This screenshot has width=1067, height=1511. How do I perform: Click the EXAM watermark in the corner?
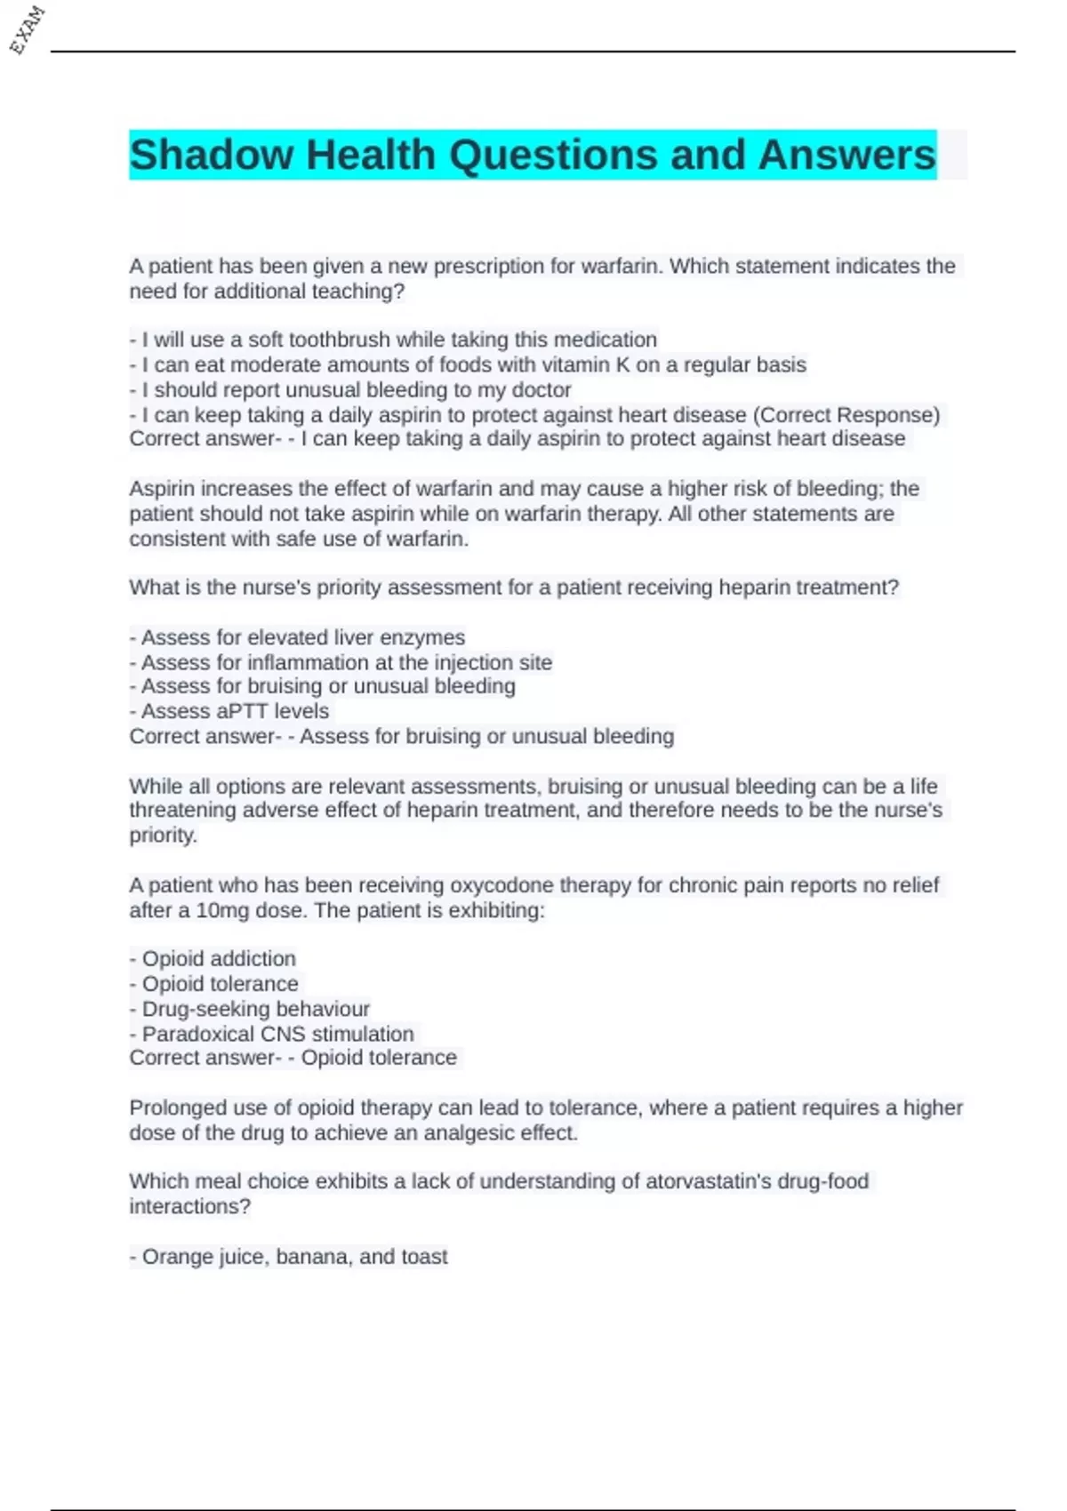point(27,29)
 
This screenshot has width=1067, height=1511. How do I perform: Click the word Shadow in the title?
point(211,156)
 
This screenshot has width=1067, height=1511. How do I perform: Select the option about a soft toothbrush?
point(393,340)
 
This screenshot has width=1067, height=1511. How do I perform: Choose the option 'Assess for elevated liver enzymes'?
point(297,637)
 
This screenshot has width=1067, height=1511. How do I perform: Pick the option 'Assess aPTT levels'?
point(229,711)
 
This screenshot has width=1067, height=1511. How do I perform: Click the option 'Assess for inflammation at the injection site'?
point(341,662)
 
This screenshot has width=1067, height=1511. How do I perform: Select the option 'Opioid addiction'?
point(213,958)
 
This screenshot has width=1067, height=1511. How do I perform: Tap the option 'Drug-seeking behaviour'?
point(249,1009)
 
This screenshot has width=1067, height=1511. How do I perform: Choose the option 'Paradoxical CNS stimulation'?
point(271,1034)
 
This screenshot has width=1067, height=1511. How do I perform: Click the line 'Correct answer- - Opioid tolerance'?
point(293,1058)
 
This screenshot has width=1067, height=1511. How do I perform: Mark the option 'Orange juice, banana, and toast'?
point(288,1257)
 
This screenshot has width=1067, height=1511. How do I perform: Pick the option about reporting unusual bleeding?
point(350,389)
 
